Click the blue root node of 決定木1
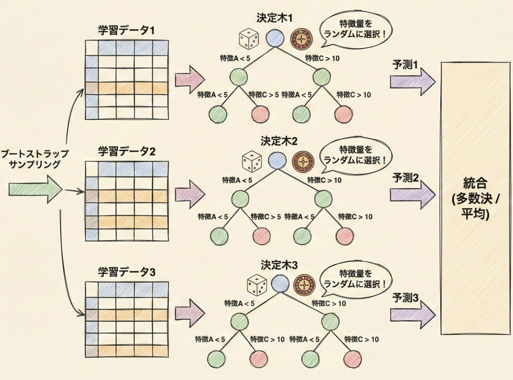click(x=275, y=37)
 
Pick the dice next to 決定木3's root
click(x=256, y=285)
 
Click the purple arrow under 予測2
click(x=413, y=192)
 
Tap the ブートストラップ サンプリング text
click(x=35, y=159)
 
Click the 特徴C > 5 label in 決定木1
click(x=264, y=94)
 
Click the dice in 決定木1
click(x=248, y=38)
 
